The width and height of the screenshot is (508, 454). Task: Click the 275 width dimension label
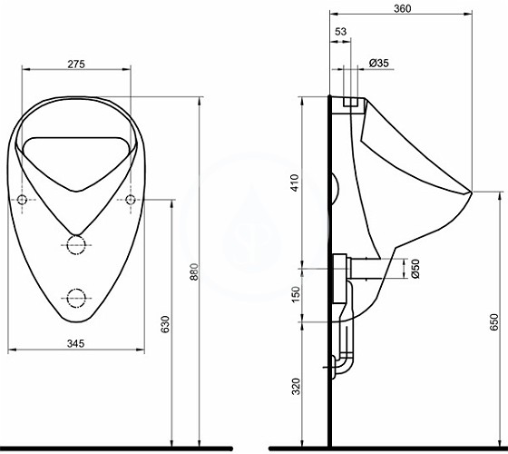76,64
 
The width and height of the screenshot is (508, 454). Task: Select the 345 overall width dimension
76,343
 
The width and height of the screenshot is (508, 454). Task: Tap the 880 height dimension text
194,271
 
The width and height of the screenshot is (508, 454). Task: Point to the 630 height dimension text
165,324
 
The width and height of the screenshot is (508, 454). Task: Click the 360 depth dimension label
403,8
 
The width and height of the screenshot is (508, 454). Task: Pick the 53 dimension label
340,32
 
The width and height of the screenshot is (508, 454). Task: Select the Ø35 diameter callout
379,63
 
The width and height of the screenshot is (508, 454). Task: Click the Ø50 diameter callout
415,269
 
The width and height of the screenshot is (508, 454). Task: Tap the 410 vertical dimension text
295,183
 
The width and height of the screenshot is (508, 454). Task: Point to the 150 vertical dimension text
296,294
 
